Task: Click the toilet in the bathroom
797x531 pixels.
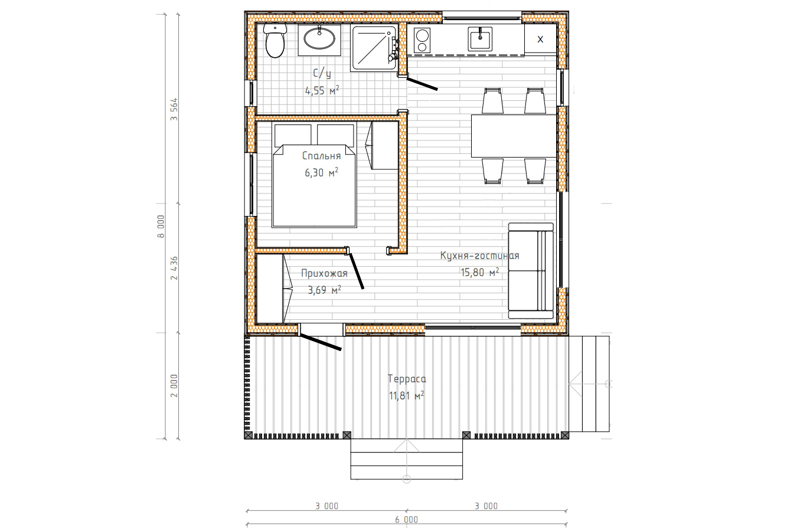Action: [x=275, y=41]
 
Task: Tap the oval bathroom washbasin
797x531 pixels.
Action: [x=319, y=38]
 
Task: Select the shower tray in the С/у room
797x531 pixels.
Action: [x=374, y=48]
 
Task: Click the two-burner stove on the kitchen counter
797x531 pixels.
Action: [x=422, y=41]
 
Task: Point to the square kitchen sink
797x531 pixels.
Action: [x=480, y=39]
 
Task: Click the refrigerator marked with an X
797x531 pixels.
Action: [x=540, y=39]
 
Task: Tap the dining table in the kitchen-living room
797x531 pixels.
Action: [x=514, y=136]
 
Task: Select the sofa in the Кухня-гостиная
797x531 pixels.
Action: [x=531, y=271]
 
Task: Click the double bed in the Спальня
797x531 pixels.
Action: [x=314, y=174]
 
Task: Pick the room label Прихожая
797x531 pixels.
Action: [x=324, y=274]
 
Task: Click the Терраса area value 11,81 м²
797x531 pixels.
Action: [x=406, y=395]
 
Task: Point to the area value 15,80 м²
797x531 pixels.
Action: [x=479, y=273]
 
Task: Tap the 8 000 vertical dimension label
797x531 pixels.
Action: [x=161, y=226]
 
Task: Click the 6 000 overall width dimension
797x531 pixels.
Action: [x=406, y=520]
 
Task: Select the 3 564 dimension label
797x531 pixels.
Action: [x=174, y=109]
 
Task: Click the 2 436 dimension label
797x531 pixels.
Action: [x=174, y=268]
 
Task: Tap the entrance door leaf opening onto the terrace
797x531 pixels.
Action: [x=320, y=342]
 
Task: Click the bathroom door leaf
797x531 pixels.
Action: [x=422, y=84]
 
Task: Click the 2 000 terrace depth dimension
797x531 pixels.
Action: [x=174, y=385]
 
